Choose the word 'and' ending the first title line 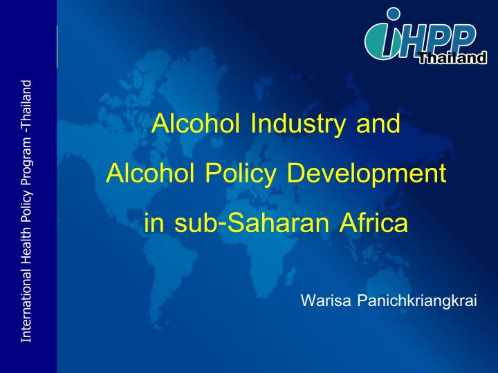click(378, 124)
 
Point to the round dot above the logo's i click(394, 14)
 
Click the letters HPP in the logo click(443, 38)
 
